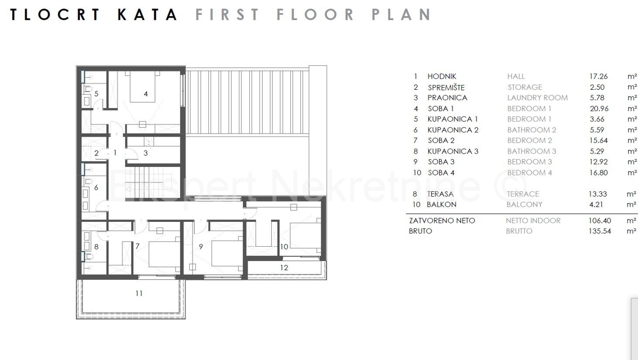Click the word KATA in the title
pyautogui.click(x=148, y=14)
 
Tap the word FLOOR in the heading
pyautogui.click(x=315, y=14)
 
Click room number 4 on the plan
pyautogui.click(x=146, y=94)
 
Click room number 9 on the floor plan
pyautogui.click(x=201, y=247)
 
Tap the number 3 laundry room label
pyautogui.click(x=146, y=153)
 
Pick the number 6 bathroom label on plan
pyautogui.click(x=96, y=187)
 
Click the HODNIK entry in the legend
pyautogui.click(x=442, y=77)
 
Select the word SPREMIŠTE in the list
pyautogui.click(x=446, y=87)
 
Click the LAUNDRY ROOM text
pyautogui.click(x=538, y=98)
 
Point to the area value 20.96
pyautogui.click(x=599, y=108)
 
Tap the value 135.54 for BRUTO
pyautogui.click(x=600, y=231)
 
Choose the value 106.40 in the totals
pyautogui.click(x=599, y=221)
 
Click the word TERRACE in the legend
pyautogui.click(x=523, y=194)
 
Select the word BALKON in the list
pyautogui.click(x=441, y=205)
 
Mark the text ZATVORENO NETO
pyautogui.click(x=442, y=221)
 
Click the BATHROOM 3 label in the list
pyautogui.click(x=532, y=151)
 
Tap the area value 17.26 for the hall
pyautogui.click(x=599, y=77)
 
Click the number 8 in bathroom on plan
pyautogui.click(x=96, y=247)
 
